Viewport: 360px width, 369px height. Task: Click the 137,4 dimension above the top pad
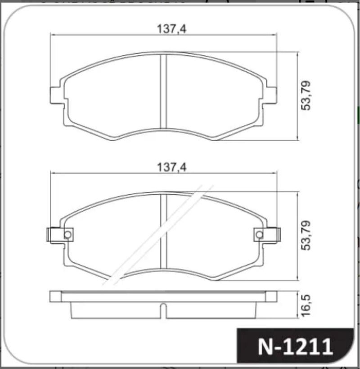click(x=171, y=29)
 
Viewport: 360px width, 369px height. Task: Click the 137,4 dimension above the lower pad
click(x=171, y=167)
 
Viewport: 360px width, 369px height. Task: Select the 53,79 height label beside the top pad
click(x=306, y=96)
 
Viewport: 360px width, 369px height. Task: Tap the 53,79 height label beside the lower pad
click(x=306, y=235)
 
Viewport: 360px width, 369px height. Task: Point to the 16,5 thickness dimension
click(x=306, y=305)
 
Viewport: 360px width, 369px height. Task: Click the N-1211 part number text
click(x=295, y=346)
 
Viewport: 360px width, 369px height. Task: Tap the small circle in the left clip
click(x=67, y=234)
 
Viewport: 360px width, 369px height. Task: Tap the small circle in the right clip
click(x=260, y=234)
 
